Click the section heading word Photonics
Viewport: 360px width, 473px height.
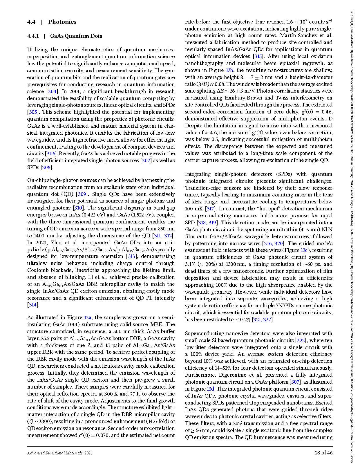click(62, 22)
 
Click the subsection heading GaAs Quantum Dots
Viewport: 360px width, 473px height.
click(76, 36)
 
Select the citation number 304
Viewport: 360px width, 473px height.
click(52, 91)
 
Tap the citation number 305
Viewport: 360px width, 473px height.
click(32, 112)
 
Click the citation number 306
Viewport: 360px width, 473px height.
click(51, 154)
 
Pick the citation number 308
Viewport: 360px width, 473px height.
click(46, 167)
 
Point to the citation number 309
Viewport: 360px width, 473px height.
click(82, 194)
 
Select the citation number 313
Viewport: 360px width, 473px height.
click(131, 256)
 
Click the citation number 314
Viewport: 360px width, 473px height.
click(32, 305)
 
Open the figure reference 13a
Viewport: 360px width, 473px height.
click(88, 317)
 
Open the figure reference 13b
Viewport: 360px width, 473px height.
click(229, 70)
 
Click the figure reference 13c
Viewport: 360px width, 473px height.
click(304, 250)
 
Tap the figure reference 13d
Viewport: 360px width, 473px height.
click(211, 389)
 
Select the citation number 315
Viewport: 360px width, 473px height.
click(258, 56)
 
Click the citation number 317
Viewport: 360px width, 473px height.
click(210, 209)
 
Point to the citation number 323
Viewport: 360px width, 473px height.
click(301, 340)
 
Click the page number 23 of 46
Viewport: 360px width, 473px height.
click(324, 453)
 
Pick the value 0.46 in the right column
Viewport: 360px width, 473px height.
click(327, 112)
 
